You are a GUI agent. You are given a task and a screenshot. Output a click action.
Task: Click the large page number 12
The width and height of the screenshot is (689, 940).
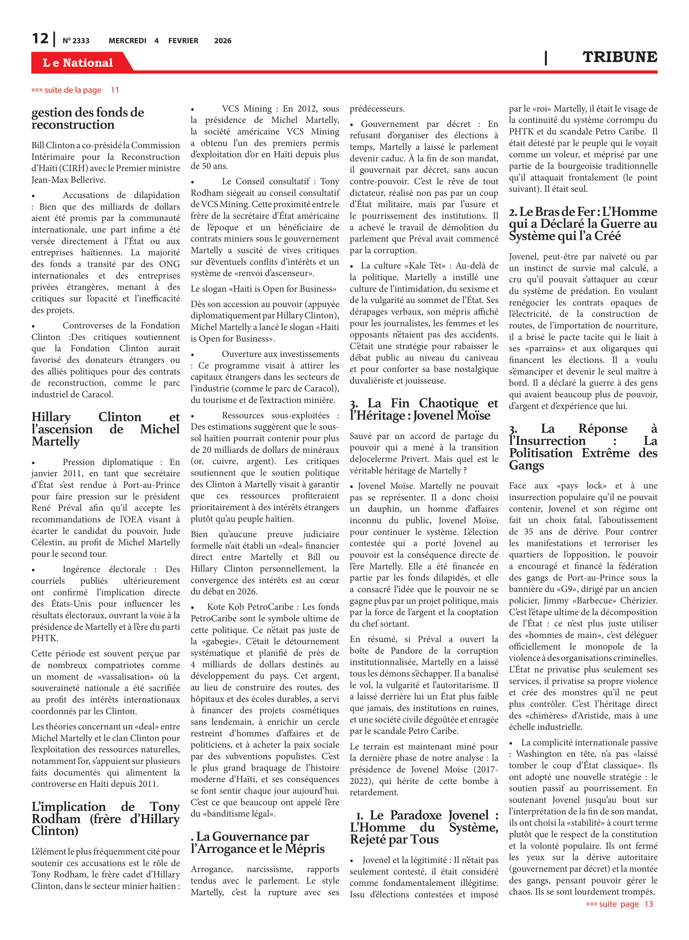(x=40, y=39)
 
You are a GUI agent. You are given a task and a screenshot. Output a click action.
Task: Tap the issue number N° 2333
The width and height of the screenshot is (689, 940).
(x=76, y=41)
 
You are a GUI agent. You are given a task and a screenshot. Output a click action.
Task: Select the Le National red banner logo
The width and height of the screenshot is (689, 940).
(x=78, y=63)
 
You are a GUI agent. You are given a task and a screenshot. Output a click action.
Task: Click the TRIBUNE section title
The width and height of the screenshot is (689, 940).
(x=619, y=57)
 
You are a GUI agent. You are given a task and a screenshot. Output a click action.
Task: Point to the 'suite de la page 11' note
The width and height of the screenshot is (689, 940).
(x=75, y=90)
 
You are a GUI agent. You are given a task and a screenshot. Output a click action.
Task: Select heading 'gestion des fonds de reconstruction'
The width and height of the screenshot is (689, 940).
(x=88, y=118)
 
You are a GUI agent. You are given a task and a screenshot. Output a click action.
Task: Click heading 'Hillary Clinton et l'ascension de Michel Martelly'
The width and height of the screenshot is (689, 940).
(x=106, y=429)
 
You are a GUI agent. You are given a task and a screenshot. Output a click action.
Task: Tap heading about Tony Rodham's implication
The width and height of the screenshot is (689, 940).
(x=106, y=819)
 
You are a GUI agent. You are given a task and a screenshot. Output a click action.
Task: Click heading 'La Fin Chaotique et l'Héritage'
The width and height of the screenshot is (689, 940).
(x=424, y=409)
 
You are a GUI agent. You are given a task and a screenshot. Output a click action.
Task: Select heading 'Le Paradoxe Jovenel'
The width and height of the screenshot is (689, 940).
(x=424, y=827)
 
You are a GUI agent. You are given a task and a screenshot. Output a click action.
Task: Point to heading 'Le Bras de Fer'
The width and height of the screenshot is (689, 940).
(x=583, y=224)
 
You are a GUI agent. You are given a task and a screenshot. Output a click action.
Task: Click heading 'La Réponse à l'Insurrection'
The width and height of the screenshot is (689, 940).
(x=583, y=446)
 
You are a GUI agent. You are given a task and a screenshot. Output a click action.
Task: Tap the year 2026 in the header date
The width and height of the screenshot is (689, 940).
(x=223, y=41)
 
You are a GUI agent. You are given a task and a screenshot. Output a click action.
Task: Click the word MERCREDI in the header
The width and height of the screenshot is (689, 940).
(x=127, y=41)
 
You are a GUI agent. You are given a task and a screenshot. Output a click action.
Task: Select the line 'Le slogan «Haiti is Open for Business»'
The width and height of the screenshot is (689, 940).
(x=264, y=289)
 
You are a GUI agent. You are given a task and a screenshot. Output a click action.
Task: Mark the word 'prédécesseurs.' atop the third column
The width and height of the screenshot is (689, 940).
(x=377, y=109)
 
